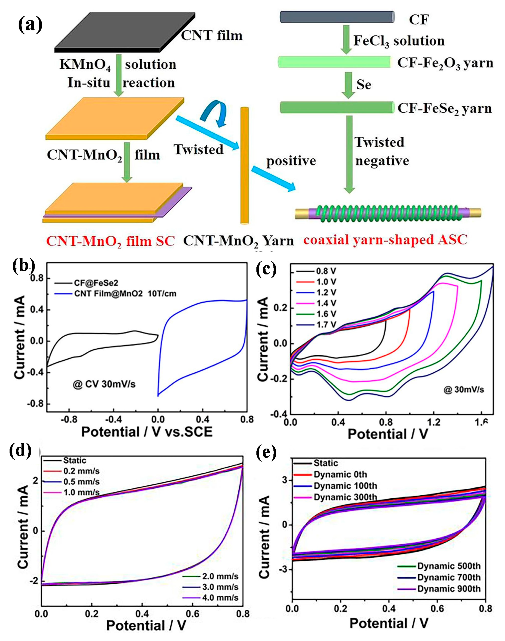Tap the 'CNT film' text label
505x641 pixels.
point(212,36)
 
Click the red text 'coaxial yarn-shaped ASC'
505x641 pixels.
point(385,240)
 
